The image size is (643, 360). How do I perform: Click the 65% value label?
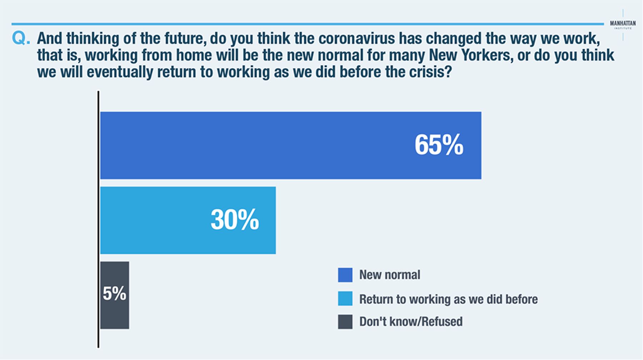[x=439, y=145]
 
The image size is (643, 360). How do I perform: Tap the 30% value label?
[x=235, y=220]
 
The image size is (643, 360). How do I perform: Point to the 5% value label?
[x=114, y=294]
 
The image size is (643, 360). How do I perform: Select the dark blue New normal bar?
[x=290, y=145]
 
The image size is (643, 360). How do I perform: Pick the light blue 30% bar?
[x=188, y=220]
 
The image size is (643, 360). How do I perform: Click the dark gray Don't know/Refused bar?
[x=114, y=295]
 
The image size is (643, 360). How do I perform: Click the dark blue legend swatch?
[x=345, y=275]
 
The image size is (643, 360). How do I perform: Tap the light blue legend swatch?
[x=345, y=299]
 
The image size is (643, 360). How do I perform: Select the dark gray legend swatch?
[x=345, y=322]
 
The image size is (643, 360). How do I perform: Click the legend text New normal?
[x=390, y=275]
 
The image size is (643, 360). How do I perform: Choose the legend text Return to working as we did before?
[x=448, y=299]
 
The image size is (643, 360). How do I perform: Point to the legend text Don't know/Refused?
[x=411, y=321]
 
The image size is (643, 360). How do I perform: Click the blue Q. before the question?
[x=21, y=38]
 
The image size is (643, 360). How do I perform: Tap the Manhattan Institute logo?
[x=623, y=25]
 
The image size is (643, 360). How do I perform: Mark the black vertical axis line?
[x=98, y=219]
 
